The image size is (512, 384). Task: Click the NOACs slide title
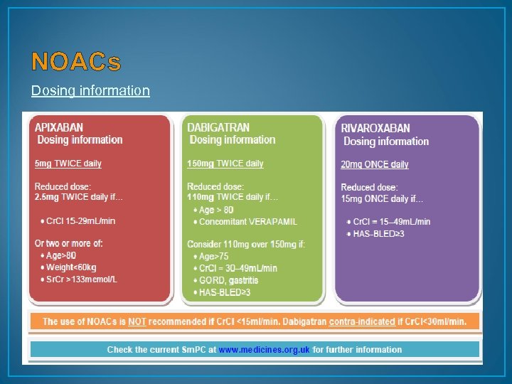click(76, 63)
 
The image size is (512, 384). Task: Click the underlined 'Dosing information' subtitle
click(90, 90)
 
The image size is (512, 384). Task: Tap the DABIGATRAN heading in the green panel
click(218, 127)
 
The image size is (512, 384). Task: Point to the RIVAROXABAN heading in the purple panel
click(375, 129)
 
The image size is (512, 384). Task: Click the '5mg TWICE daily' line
click(68, 164)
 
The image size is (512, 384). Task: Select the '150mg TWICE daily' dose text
click(225, 164)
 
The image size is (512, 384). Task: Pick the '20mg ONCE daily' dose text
click(375, 164)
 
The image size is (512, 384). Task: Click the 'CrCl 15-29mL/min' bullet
click(80, 220)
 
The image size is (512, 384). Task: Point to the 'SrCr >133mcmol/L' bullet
click(82, 279)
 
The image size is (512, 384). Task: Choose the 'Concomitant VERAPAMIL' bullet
click(248, 222)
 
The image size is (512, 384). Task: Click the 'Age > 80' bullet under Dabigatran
click(216, 210)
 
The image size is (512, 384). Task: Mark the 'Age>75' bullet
click(214, 257)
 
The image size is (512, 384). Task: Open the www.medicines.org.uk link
click(265, 350)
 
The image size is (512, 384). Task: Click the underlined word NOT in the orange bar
click(137, 321)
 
